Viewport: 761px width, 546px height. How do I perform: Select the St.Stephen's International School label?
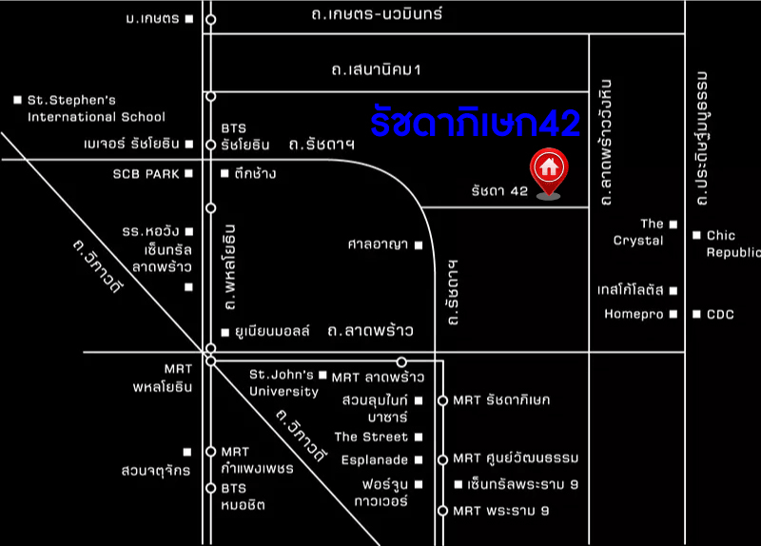tap(95, 107)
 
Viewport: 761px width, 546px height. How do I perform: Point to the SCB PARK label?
tap(146, 173)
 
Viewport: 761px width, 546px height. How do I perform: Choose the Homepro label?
tap(632, 314)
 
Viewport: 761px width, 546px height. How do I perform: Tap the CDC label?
tap(720, 314)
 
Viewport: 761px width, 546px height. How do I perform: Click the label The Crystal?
tap(638, 232)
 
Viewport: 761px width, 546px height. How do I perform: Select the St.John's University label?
tap(283, 382)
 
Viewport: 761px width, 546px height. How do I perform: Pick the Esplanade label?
tap(374, 460)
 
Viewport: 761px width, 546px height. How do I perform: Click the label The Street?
tap(371, 438)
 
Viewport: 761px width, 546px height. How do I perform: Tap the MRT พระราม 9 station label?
tap(501, 511)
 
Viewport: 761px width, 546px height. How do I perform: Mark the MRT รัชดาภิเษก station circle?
tap(442, 400)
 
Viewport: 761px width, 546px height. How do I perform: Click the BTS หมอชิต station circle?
tap(211, 488)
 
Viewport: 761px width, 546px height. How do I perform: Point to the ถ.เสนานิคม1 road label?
tap(376, 70)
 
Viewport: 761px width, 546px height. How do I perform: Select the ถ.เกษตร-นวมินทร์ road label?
tap(377, 14)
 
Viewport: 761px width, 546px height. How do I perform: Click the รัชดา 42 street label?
tap(499, 191)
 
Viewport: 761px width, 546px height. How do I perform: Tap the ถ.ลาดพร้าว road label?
tap(370, 331)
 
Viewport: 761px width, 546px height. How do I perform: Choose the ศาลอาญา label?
tap(378, 244)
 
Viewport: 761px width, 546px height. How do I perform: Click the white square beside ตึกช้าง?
tap(225, 173)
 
